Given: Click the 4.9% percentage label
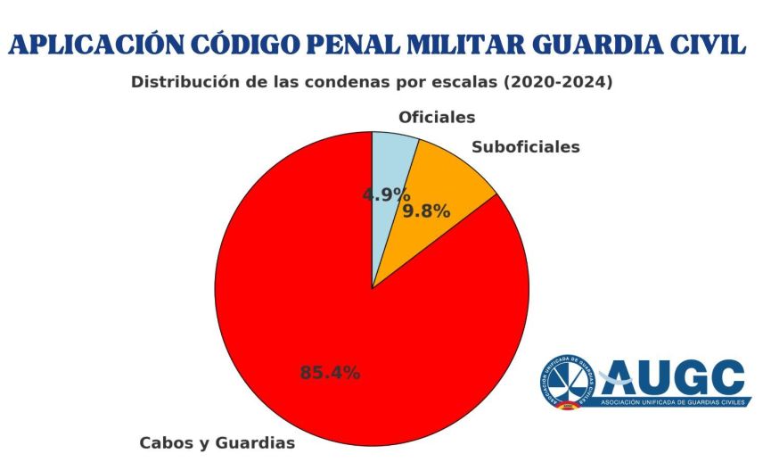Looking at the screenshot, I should point(386,194).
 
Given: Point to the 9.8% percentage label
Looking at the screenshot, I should point(426,211).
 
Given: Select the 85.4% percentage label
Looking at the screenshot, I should point(330,373).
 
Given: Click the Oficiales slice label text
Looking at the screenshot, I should point(437,117).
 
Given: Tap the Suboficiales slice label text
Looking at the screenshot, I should point(525,146).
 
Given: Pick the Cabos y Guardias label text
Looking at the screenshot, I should point(217,442).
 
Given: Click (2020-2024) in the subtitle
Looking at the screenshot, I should point(558,82).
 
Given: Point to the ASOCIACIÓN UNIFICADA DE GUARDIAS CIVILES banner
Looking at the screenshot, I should point(674,402).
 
